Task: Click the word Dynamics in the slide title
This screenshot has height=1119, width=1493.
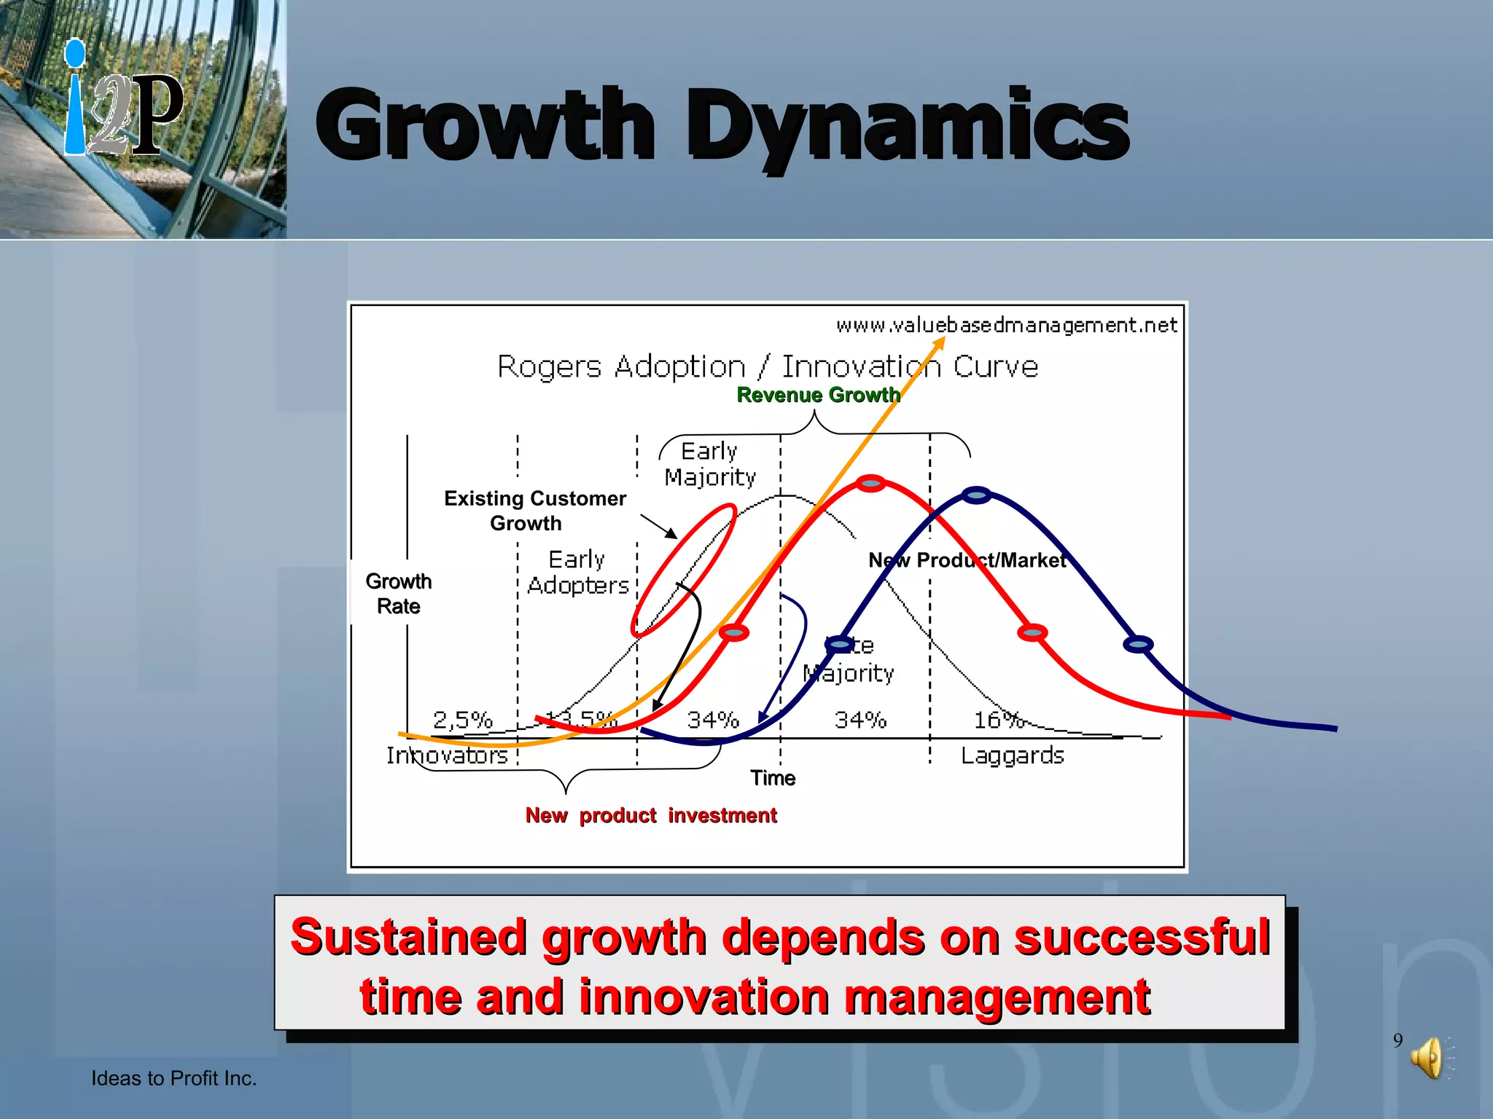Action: point(908,125)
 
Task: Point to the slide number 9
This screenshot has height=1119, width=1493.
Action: point(1398,1040)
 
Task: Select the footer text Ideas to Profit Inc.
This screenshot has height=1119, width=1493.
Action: point(174,1078)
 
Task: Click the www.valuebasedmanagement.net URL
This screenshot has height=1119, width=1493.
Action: point(1006,325)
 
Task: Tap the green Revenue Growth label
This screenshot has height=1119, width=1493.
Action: point(818,395)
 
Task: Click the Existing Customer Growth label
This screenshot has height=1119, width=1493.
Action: point(534,510)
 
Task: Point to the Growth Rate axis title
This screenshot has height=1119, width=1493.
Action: point(398,594)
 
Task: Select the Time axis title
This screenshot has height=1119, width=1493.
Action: point(773,778)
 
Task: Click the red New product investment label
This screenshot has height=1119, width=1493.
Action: point(651,815)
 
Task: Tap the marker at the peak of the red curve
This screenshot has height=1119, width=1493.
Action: point(870,483)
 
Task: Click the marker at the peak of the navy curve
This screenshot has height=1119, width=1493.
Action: point(977,495)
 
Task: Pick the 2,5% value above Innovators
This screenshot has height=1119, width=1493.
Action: point(462,720)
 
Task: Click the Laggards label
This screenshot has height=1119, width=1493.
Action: point(1012,755)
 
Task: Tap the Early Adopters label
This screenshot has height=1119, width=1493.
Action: point(577,573)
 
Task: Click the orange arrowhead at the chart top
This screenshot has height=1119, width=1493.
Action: point(941,342)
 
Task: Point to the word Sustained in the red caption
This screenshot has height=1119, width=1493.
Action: point(408,937)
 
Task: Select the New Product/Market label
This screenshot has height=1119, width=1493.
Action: point(967,560)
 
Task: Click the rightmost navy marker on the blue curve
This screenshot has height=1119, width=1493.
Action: point(1138,644)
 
